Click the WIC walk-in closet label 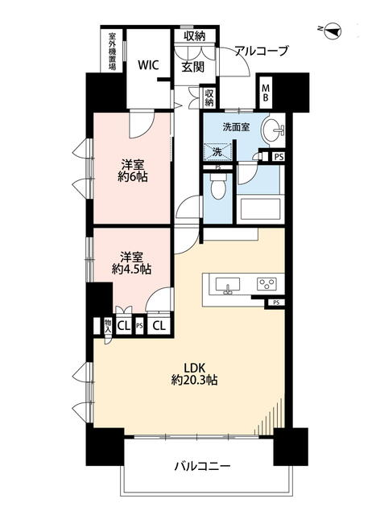tap(148, 64)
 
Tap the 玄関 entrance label tap(193, 67)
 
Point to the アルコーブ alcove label tap(262, 51)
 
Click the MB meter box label tap(265, 93)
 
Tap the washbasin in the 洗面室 tap(272, 130)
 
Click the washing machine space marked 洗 tap(217, 152)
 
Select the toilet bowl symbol tap(218, 185)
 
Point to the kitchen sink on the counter tap(227, 285)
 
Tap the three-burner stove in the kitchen tap(267, 284)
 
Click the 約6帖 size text tap(133, 177)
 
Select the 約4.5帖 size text tap(131, 270)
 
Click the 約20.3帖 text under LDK tap(194, 380)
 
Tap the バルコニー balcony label tap(202, 466)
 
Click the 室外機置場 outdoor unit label tap(112, 51)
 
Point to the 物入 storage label tap(108, 326)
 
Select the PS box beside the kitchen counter tap(276, 303)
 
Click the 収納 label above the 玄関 tap(195, 35)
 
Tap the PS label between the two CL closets tap(139, 326)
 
